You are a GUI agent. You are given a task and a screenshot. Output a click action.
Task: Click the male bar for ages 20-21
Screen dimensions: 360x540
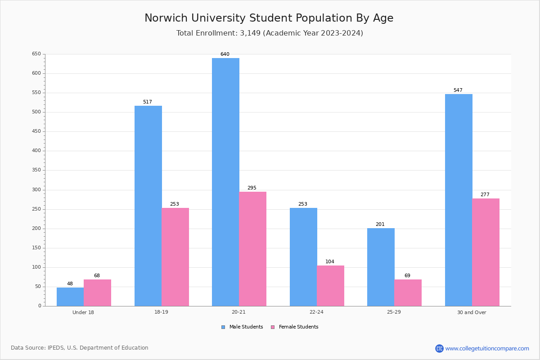pyautogui.click(x=225, y=182)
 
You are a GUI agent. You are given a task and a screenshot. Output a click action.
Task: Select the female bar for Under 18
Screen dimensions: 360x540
pyautogui.click(x=97, y=292)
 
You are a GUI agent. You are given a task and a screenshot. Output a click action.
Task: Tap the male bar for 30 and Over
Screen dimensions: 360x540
pyautogui.click(x=459, y=200)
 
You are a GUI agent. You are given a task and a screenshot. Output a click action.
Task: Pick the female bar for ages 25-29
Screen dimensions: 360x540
pyautogui.click(x=408, y=292)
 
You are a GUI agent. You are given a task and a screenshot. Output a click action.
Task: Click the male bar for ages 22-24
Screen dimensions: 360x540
pyautogui.click(x=303, y=257)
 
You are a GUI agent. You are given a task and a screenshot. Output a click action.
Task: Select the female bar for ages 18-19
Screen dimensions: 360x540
pyautogui.click(x=175, y=257)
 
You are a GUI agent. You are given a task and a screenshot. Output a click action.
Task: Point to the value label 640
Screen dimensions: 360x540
pyautogui.click(x=225, y=54)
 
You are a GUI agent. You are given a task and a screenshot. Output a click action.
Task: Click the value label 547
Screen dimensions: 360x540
pyautogui.click(x=458, y=90)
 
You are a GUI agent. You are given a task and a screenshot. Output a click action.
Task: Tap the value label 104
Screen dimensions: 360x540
pyautogui.click(x=330, y=262)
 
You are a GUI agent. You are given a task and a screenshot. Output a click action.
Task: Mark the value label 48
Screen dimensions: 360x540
pyautogui.click(x=70, y=284)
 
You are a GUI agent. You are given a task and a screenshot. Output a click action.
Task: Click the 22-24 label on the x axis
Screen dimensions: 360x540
pyautogui.click(x=316, y=312)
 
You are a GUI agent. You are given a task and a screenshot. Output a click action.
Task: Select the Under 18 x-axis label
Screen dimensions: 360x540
pyautogui.click(x=83, y=312)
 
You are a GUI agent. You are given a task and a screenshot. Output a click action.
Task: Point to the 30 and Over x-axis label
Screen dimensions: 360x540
pyautogui.click(x=472, y=312)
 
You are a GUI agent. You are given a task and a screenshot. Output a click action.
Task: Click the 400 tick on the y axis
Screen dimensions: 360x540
pyautogui.click(x=36, y=151)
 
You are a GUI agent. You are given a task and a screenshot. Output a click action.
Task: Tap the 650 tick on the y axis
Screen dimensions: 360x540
pyautogui.click(x=36, y=54)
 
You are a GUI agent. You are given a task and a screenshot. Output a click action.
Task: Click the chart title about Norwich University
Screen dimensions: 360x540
pyautogui.click(x=269, y=18)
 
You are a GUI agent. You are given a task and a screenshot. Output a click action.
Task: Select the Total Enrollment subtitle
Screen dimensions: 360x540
pyautogui.click(x=270, y=33)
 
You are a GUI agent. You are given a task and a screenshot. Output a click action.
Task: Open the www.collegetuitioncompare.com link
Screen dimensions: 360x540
pyautogui.click(x=487, y=348)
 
